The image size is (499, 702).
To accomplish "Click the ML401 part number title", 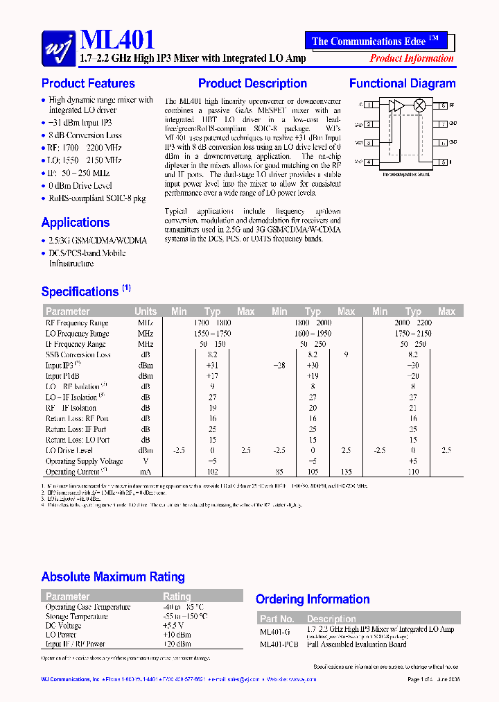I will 118,40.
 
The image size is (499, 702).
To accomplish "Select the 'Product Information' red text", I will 412,58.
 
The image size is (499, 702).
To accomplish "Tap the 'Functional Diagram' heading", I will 402,84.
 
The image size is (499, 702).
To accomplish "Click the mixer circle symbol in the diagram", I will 419,105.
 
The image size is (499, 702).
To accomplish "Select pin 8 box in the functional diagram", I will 441,105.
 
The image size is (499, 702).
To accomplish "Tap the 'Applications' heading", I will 76,223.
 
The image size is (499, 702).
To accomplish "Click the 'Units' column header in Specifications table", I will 146,311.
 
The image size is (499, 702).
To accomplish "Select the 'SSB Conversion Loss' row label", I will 78,354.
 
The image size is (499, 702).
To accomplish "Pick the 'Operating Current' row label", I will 76,472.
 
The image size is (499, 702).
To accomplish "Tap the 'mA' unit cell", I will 146,472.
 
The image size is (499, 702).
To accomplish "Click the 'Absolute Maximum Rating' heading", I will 113,577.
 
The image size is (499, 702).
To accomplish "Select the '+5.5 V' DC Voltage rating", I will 174,626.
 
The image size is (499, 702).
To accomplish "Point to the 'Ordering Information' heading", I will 313,599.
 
